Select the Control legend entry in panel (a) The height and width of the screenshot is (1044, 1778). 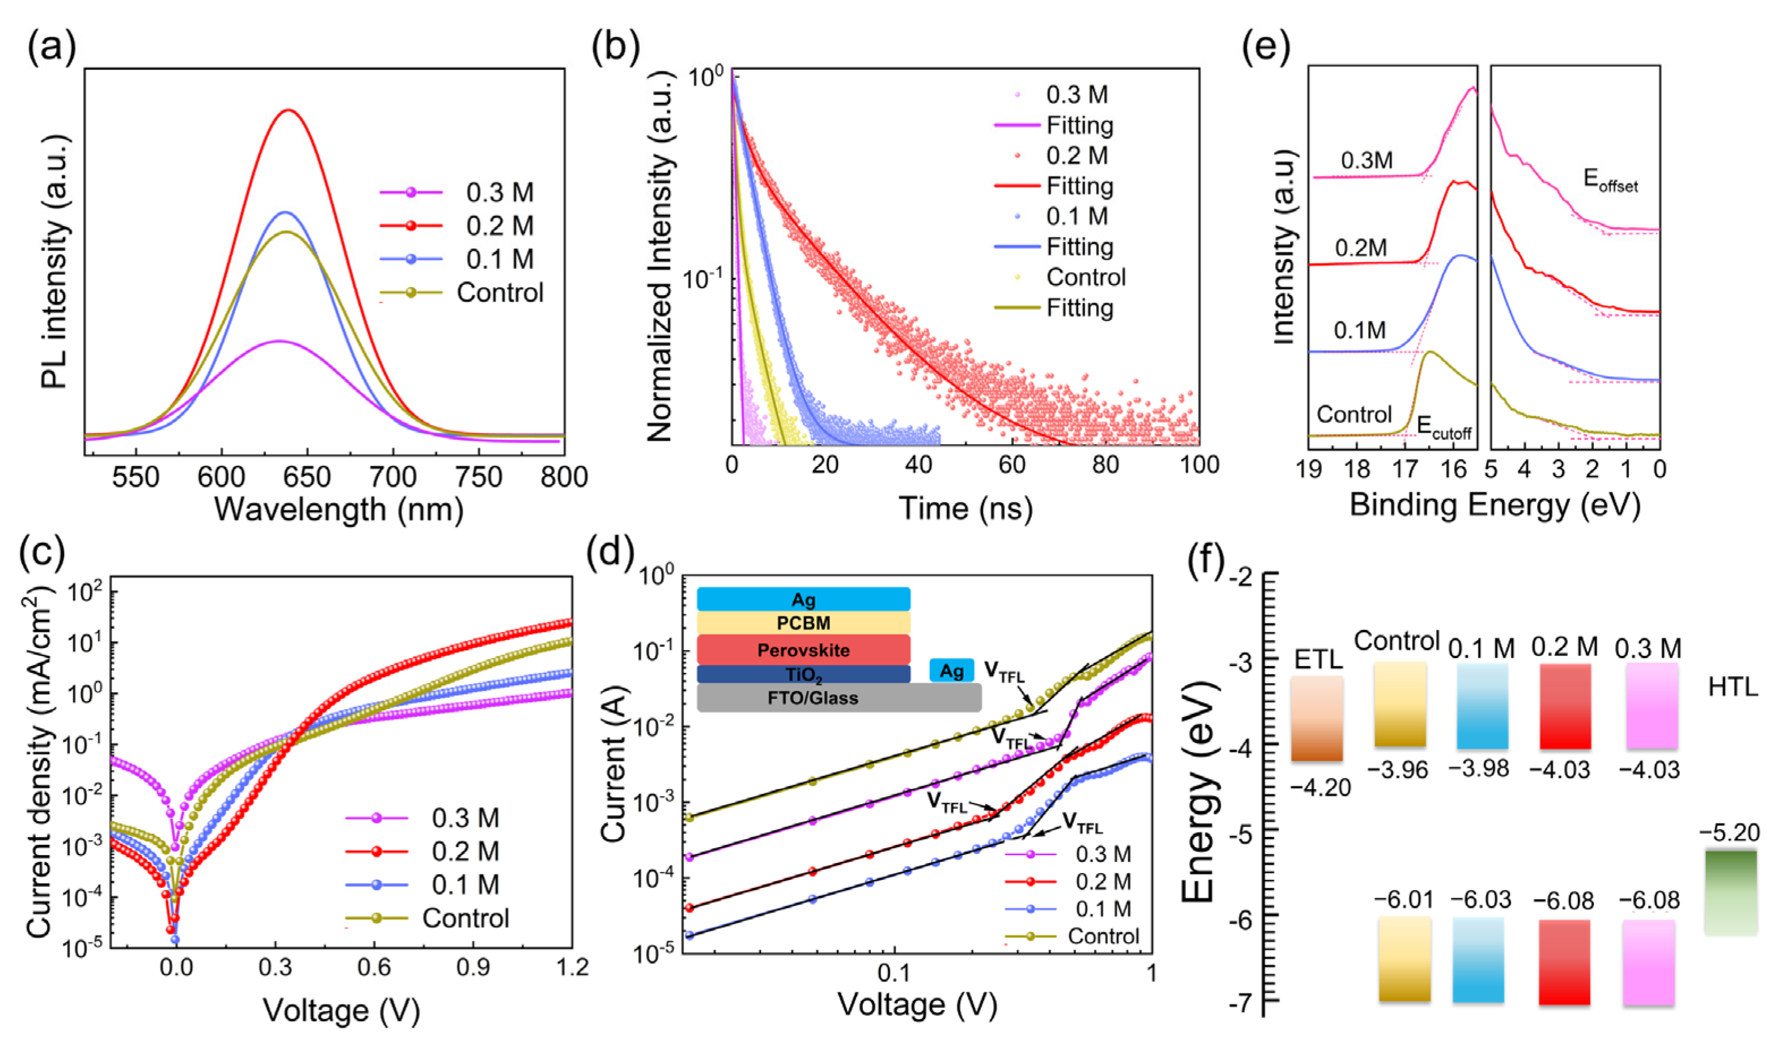pos(499,292)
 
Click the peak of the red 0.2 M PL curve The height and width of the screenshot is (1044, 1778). pos(289,110)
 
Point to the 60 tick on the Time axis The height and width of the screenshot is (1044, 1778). pos(1012,465)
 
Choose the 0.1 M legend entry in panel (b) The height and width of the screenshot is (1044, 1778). pos(1077,216)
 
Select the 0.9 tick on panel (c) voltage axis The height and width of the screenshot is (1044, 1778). pos(473,966)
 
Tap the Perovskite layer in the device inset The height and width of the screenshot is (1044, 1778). pos(803,650)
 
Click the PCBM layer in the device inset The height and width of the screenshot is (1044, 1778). pos(803,622)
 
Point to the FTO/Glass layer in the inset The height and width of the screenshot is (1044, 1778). pos(813,697)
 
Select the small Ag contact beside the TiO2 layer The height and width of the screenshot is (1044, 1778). pos(951,671)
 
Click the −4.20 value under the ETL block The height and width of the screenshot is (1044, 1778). pos(1320,786)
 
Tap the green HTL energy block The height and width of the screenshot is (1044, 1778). pos(1730,893)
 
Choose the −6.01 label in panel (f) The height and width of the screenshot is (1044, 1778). pos(1403,900)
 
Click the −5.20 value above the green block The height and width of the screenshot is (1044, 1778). pos(1730,833)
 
